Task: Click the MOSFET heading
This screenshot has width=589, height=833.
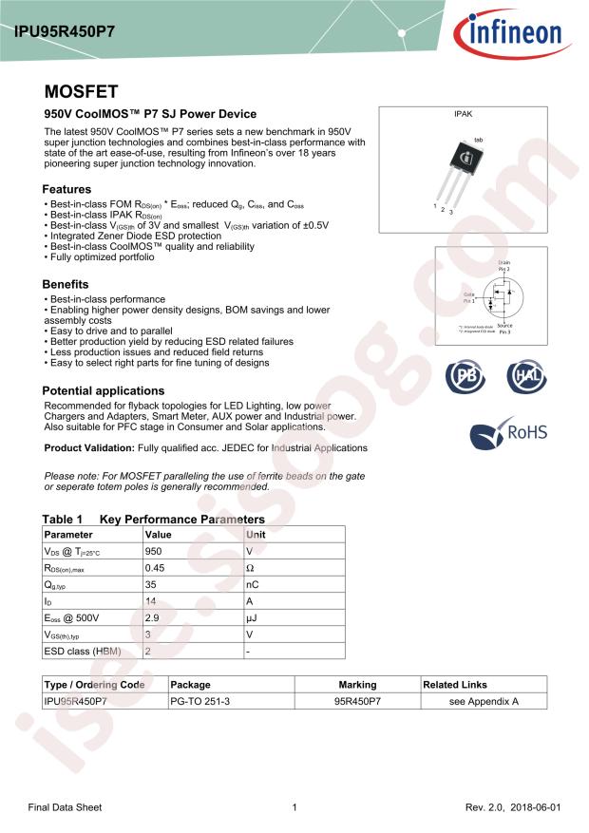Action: (x=81, y=92)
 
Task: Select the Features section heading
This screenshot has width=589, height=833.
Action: (x=66, y=189)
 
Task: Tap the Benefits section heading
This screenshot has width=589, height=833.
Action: (x=66, y=284)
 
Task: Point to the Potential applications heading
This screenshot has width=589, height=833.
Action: (x=104, y=390)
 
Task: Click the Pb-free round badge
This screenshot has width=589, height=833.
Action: (x=464, y=376)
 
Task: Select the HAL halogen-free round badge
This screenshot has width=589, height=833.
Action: (x=524, y=376)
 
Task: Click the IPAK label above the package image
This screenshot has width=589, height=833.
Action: (x=462, y=115)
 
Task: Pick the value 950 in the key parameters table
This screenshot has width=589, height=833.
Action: (x=153, y=551)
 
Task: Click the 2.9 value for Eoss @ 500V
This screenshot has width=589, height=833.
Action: (x=151, y=617)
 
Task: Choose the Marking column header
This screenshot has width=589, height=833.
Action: (x=357, y=684)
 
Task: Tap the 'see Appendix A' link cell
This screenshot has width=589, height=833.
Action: (x=484, y=701)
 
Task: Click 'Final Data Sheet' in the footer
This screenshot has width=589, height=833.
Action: (x=65, y=807)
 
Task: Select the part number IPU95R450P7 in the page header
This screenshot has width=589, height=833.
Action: (x=65, y=29)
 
